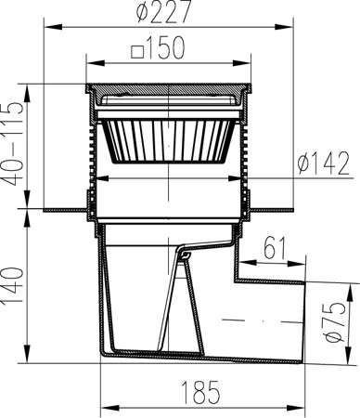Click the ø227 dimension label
tap(164, 11)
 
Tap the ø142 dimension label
tap(324, 163)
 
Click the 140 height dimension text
tap(13, 286)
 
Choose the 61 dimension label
tap(275, 248)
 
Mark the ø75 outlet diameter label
tap(336, 322)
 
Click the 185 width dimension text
tap(200, 392)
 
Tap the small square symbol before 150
tap(137, 52)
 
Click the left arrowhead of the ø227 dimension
tap(54, 27)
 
